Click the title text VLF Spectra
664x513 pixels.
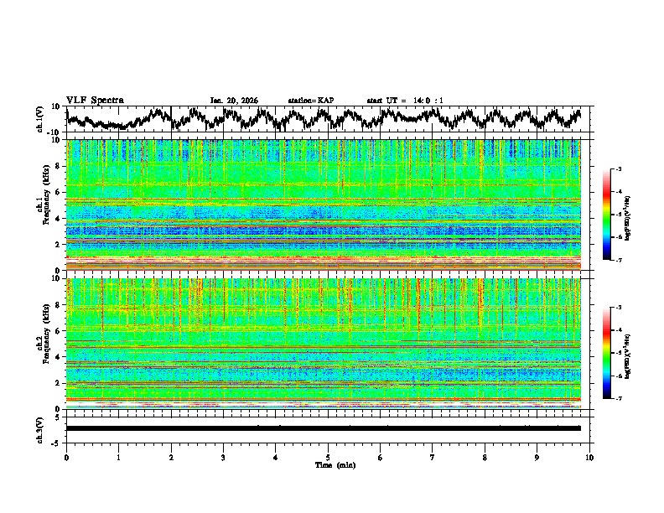coord(95,100)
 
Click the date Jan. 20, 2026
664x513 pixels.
coord(234,101)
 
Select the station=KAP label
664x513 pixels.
coord(310,101)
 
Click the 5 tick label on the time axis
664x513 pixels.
coord(328,458)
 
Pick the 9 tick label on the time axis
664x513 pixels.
coord(537,458)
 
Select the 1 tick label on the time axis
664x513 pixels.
coord(119,458)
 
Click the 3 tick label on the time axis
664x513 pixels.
coord(223,458)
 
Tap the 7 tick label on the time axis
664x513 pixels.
coord(433,458)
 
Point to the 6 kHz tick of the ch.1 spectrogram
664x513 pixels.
coord(58,192)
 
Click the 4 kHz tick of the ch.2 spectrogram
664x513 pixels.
coord(58,357)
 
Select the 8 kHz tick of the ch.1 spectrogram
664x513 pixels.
coord(58,166)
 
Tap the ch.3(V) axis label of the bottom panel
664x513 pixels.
coord(40,428)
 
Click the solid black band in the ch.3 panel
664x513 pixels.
coord(323,428)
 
